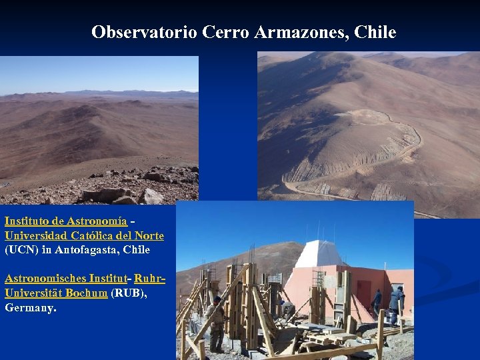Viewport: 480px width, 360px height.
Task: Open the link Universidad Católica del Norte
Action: coord(84,235)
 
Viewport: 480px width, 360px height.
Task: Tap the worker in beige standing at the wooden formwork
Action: coord(216,323)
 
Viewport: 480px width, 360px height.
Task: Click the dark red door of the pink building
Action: coord(363,294)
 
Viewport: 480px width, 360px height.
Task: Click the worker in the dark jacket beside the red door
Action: coord(377,302)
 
